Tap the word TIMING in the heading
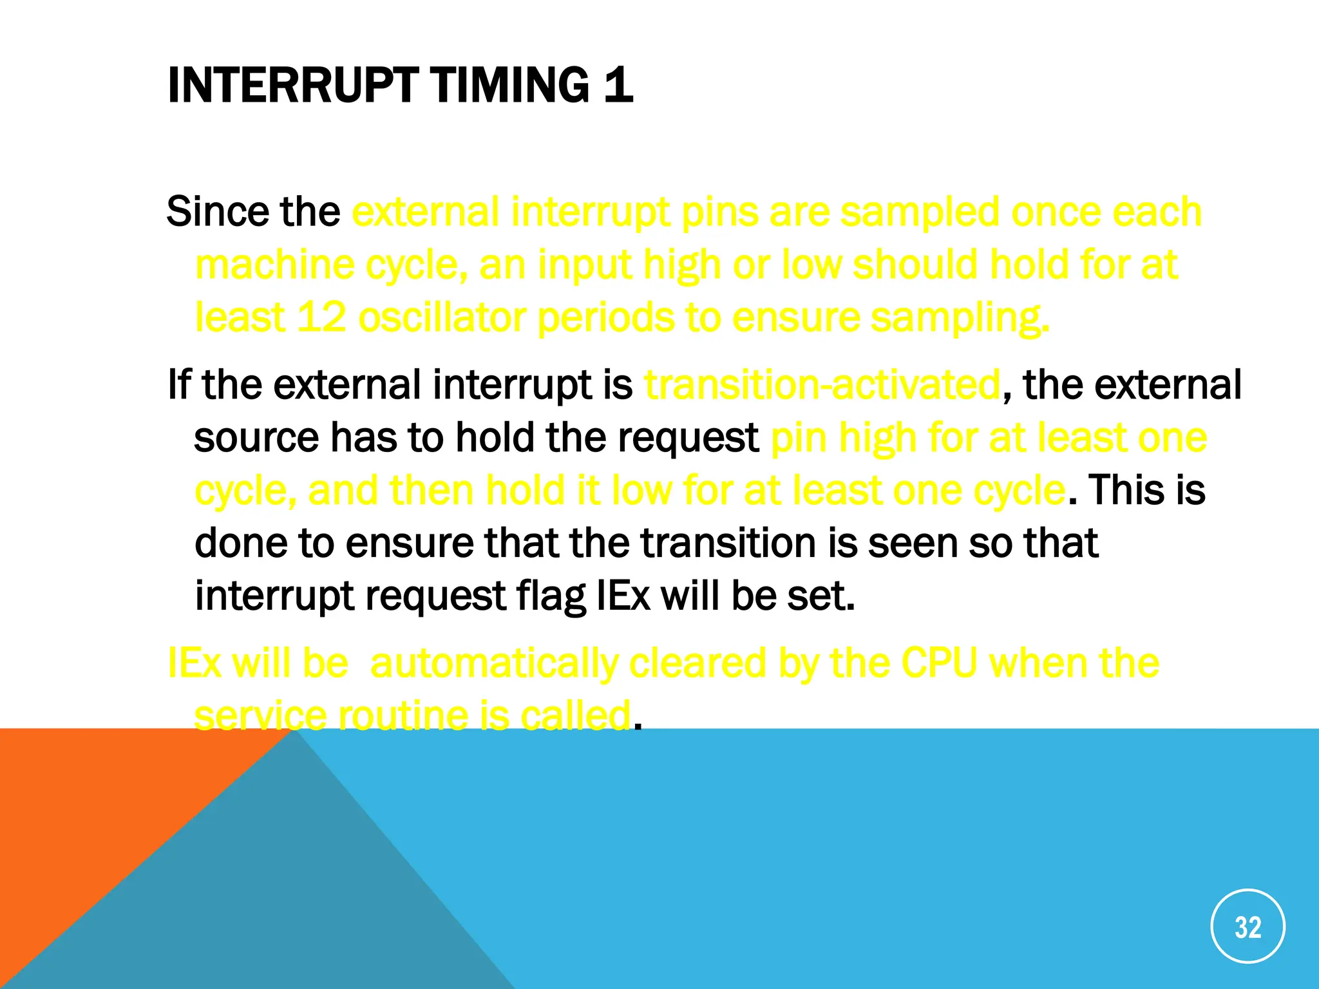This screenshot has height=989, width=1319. pyautogui.click(x=509, y=86)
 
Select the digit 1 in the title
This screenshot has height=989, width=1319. pyautogui.click(x=619, y=86)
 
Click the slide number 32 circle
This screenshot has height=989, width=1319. pyautogui.click(x=1248, y=926)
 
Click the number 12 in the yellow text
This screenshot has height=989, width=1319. pyautogui.click(x=321, y=317)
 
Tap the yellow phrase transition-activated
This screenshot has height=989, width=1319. pyautogui.click(x=822, y=385)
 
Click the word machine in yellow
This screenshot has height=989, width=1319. pyautogui.click(x=274, y=265)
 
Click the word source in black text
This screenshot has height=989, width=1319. pyautogui.click(x=256, y=438)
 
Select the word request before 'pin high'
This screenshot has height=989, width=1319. pyautogui.click(x=688, y=438)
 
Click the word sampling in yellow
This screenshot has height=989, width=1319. pyautogui.click(x=960, y=317)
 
